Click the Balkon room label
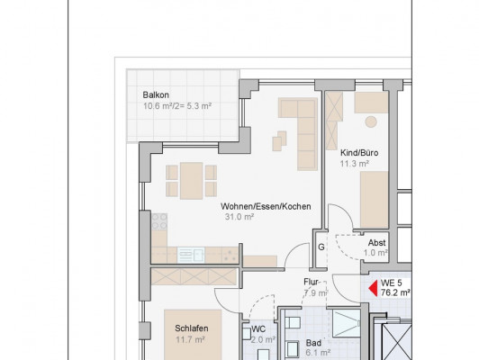click(156, 95)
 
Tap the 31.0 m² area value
click(239, 217)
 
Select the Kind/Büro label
click(359, 153)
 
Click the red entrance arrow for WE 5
click(373, 289)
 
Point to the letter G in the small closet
click(321, 247)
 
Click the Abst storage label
click(376, 243)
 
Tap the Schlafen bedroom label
click(192, 328)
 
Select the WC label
click(258, 329)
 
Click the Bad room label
click(313, 343)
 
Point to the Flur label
click(311, 282)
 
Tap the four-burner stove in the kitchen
click(159, 221)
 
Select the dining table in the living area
click(191, 181)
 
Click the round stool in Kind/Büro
click(371, 121)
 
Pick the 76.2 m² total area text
click(395, 292)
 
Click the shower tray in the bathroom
click(347, 324)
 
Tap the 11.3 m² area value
click(355, 164)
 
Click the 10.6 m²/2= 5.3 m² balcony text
click(177, 106)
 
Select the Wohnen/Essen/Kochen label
click(266, 206)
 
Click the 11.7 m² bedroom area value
click(190, 339)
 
